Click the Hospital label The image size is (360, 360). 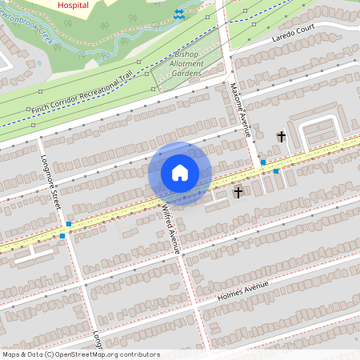point(74,4)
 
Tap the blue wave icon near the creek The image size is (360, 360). point(178,14)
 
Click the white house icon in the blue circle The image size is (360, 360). point(180,173)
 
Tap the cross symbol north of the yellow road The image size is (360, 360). point(281,137)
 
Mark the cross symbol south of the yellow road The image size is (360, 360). point(238,192)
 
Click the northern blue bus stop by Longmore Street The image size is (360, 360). point(70,225)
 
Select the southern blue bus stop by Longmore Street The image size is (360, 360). point(62,236)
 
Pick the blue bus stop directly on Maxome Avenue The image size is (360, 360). point(262,162)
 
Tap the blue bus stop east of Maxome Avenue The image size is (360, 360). point(276,171)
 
